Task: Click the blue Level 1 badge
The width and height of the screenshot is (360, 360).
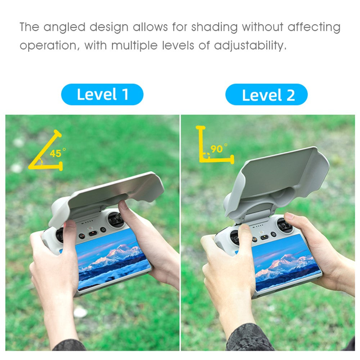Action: point(102,94)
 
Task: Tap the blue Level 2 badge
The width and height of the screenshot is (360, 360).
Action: point(266,94)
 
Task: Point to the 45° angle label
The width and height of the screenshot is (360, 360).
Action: point(57,153)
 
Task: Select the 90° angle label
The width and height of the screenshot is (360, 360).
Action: point(219,149)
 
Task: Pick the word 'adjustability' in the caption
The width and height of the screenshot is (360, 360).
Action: point(250,45)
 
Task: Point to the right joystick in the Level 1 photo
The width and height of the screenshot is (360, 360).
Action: point(116,219)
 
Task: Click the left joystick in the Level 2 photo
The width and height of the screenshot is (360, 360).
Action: point(235,237)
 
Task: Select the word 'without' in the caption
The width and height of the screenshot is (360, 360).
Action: point(262,27)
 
